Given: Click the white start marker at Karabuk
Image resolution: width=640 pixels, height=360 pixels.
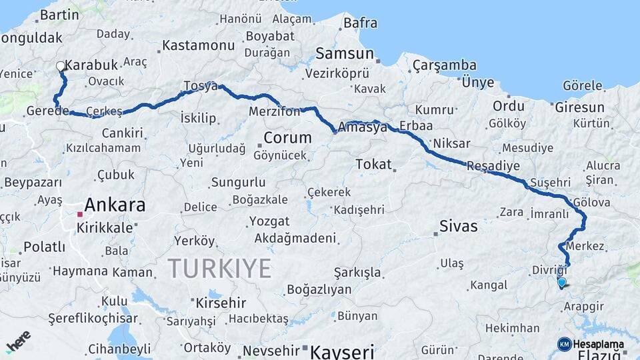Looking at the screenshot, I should point(61,66).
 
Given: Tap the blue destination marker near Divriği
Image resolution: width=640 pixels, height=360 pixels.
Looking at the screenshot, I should point(562,283).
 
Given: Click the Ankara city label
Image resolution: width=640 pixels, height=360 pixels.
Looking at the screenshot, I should point(115,205).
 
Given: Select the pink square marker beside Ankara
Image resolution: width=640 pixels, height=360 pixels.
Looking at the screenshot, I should point(80,215).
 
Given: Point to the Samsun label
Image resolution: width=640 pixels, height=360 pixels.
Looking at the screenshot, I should point(345,53).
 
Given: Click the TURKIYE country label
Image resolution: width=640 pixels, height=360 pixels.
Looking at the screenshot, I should point(219,268).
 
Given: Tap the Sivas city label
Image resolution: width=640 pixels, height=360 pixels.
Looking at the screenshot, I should point(459,226).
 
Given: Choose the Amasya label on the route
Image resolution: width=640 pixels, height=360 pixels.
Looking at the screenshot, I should point(363,127).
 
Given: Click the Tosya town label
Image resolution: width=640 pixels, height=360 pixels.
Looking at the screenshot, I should point(200,87).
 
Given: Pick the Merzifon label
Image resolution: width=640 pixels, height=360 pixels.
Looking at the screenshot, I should point(275,111).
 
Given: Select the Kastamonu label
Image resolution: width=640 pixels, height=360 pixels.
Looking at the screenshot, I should point(199,45).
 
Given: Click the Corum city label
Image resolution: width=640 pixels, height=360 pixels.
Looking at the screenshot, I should point(287,138).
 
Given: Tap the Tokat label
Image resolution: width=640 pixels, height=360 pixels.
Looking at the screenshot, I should point(373,163).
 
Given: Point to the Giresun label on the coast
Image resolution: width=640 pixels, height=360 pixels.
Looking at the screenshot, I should point(579,107).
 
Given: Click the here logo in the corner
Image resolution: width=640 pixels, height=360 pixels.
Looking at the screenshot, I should point(18,341).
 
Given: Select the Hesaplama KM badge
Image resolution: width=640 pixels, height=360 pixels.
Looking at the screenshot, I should point(591,344).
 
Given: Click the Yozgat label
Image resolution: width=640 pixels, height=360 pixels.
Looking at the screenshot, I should point(269,221).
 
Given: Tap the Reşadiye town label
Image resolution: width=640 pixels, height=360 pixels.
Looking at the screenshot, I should point(493,166).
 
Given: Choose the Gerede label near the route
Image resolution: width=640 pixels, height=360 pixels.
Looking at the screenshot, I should point(48,111).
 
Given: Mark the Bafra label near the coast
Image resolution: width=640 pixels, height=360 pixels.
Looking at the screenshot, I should point(360,23).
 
